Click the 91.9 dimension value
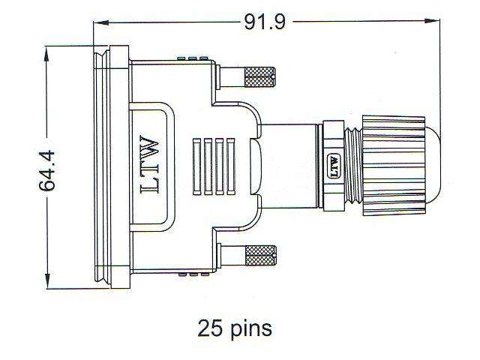265,22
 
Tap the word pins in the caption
249,328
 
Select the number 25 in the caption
211,328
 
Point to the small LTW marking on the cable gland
334,165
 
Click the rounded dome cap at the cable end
423,165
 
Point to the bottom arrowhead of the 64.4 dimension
47,286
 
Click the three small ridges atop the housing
191,58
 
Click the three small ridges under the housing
191,274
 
